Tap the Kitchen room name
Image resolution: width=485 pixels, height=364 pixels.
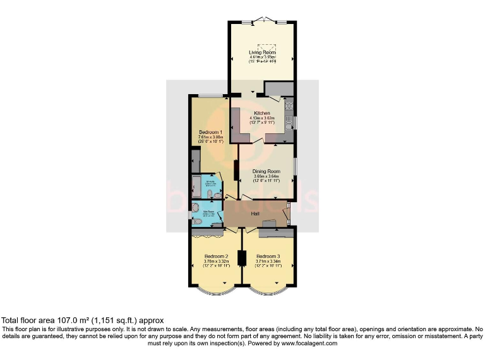pyautogui.click(x=261, y=113)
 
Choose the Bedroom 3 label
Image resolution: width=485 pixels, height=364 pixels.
pyautogui.click(x=268, y=256)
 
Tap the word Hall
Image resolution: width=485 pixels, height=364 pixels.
pyautogui.click(x=254, y=215)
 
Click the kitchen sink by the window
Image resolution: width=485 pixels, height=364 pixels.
pyautogui.click(x=289, y=123)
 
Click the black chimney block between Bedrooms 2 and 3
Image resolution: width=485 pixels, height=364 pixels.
pyautogui.click(x=241, y=258)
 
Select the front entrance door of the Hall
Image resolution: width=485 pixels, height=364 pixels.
pyautogui.click(x=288, y=213)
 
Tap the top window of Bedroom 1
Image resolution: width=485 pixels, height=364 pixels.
pyautogui.click(x=210, y=95)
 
